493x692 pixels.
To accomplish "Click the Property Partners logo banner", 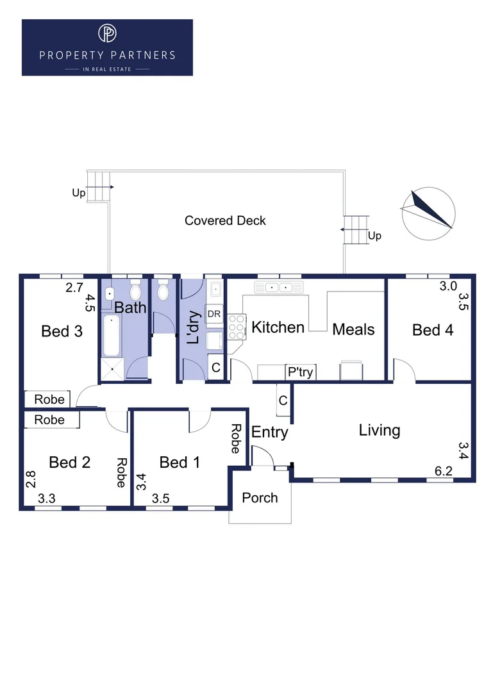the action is coord(107,47).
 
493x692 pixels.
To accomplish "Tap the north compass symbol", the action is coord(428,213).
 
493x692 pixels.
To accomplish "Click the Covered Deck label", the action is coord(225,220).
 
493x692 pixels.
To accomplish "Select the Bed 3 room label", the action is coord(62,331).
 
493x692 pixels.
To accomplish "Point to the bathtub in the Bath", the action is coord(111,335).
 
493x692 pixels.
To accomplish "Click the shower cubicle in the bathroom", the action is coord(112,369).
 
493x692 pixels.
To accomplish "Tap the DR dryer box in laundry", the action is coord(214,314).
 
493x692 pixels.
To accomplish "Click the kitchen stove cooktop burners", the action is coord(237,327).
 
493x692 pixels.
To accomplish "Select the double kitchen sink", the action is coord(279,288).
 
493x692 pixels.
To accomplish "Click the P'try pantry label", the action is coord(301,372).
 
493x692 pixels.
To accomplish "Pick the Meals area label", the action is coord(353,329).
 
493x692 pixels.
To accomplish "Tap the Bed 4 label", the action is coord(433,330).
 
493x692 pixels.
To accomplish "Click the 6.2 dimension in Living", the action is coord(444,472).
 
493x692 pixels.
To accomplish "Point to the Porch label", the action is coord(260,498).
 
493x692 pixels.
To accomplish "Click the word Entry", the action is coord(269,432).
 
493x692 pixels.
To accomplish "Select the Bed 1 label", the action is coord(180,462).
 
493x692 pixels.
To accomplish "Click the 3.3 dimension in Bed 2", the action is coord(46,498).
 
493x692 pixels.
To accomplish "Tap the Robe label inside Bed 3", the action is coord(49,399).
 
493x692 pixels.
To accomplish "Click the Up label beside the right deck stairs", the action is coord(374,236).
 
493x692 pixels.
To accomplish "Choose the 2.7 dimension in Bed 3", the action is coord(74,288).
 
